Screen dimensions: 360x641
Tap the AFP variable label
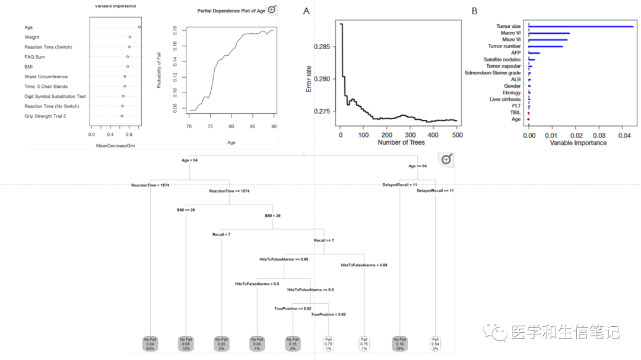(x=516, y=53)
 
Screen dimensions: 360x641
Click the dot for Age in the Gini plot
(x=139, y=27)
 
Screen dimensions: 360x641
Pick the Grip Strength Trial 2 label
(x=45, y=116)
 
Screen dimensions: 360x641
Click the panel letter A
(x=306, y=11)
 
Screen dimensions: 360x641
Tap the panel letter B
(x=474, y=11)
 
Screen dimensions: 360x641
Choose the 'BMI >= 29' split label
(x=186, y=210)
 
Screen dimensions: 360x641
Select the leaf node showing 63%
(x=151, y=343)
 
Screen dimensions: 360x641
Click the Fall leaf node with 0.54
(x=436, y=343)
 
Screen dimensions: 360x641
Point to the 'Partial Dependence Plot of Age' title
(x=231, y=11)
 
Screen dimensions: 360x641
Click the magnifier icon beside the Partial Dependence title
(x=272, y=9)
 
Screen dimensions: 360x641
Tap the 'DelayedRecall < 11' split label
(x=399, y=185)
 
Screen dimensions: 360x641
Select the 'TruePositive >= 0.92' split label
(x=292, y=308)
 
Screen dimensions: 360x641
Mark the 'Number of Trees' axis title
(x=401, y=142)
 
